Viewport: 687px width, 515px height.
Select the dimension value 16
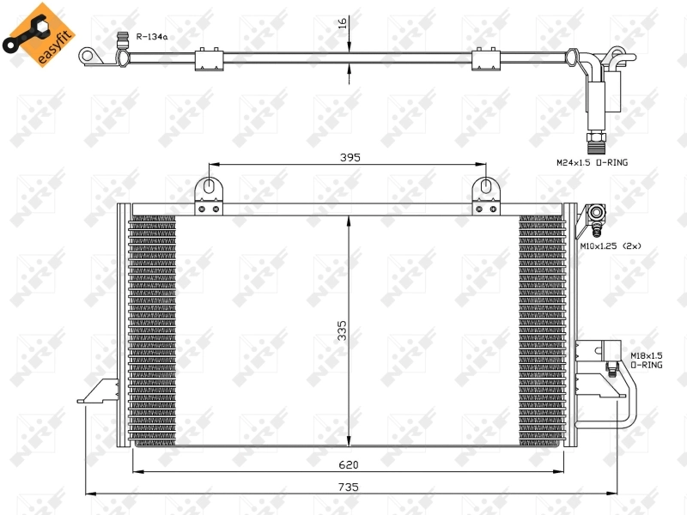click(342, 23)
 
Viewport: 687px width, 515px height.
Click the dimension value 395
click(349, 157)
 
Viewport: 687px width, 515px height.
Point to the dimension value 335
click(342, 330)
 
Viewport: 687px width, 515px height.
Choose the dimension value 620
click(349, 464)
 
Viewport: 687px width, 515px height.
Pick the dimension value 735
click(349, 487)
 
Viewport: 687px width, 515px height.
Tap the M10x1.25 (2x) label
click(610, 245)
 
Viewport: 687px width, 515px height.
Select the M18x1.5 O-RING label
click(646, 360)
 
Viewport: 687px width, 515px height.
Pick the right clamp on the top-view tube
click(486, 58)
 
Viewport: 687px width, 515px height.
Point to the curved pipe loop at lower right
click(625, 403)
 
